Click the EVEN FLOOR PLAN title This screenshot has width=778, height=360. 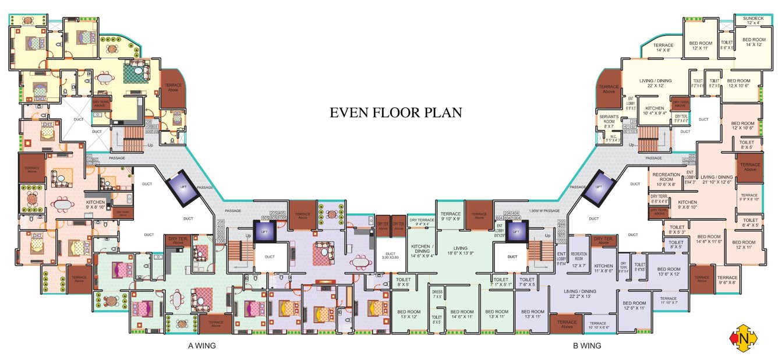395,112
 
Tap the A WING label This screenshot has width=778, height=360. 201,345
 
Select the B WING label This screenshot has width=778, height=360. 587,345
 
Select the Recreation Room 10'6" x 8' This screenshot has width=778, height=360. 663,179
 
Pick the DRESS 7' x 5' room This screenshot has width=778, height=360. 437,294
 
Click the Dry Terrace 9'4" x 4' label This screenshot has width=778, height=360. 422,222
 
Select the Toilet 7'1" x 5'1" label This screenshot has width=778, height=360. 501,282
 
